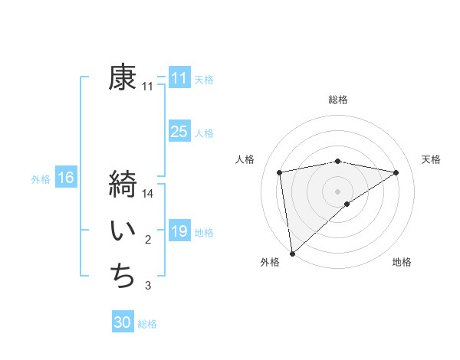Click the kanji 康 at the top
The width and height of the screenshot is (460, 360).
coord(123,77)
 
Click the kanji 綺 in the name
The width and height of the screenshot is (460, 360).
coord(123,185)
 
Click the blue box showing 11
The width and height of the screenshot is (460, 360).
coord(179,78)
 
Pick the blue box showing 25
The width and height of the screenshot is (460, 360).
coord(179,132)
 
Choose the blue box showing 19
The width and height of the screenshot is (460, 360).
coord(179,231)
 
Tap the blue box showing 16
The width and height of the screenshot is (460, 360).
coord(65,178)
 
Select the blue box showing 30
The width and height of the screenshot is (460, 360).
coord(122,322)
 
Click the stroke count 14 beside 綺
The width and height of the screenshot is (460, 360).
coord(148,195)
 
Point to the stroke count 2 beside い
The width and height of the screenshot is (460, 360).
coord(148,241)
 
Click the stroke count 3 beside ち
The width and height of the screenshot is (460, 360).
coord(148,286)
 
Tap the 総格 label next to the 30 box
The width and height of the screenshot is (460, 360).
coord(147,324)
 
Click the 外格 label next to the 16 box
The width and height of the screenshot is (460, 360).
coord(41,179)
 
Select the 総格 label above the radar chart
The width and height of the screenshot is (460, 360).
coord(337,100)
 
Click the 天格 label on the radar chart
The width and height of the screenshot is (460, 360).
coord(431,159)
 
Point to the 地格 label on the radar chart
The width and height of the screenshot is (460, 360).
coord(402,262)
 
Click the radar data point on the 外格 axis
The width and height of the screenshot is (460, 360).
coord(292,253)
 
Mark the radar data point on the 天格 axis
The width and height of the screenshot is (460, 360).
coord(396,172)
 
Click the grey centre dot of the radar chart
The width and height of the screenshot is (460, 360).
coord(337,191)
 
